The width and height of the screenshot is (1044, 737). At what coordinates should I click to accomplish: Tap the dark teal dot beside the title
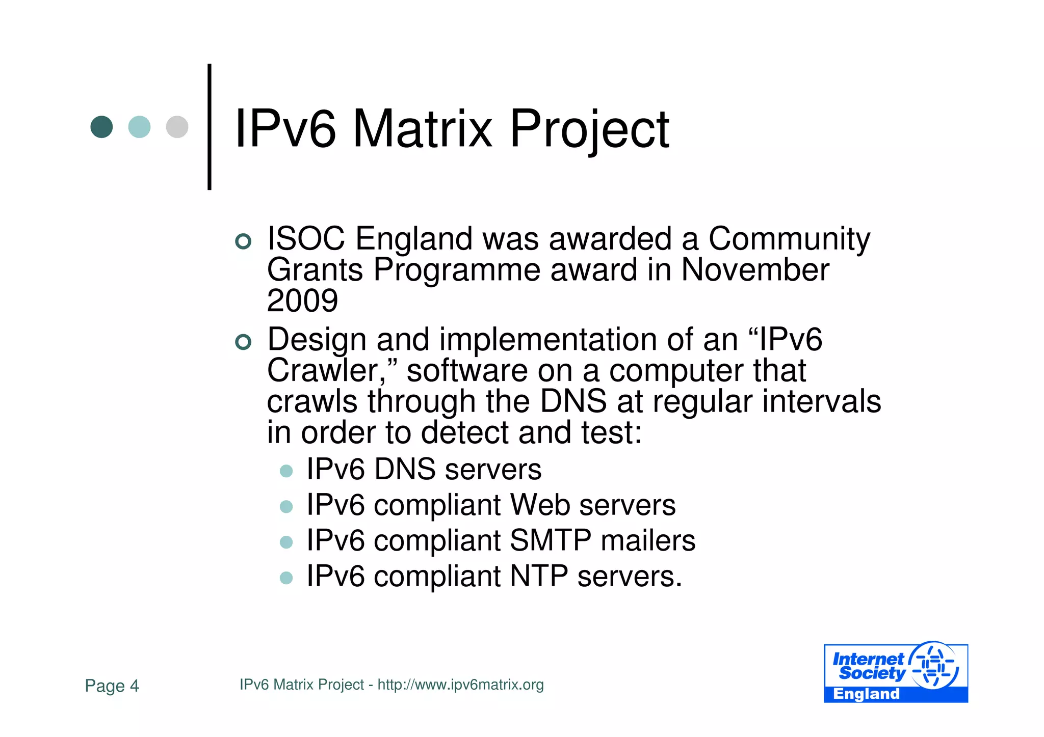tap(101, 127)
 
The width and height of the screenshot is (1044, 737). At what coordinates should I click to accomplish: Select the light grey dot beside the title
tap(177, 127)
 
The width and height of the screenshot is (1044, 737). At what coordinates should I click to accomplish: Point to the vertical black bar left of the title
tap(210, 127)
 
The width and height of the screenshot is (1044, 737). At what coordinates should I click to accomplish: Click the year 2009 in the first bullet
tap(302, 301)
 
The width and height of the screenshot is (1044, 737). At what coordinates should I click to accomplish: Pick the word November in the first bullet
tap(755, 269)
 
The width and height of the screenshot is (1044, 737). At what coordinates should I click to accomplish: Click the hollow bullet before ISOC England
tap(244, 241)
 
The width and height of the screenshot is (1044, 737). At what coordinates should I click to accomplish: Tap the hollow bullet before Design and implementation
tap(244, 342)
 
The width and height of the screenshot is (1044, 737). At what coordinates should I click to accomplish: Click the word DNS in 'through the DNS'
tap(573, 401)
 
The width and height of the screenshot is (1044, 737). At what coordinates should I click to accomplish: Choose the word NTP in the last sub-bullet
tap(539, 577)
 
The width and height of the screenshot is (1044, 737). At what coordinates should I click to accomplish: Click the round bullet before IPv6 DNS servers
tap(286, 471)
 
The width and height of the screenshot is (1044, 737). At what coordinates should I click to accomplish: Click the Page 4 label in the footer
tap(112, 686)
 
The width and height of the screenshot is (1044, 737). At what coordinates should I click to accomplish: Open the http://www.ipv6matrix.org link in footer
tap(460, 685)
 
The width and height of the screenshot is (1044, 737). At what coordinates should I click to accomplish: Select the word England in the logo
tap(866, 694)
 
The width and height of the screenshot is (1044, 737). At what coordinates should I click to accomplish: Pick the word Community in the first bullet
tap(789, 238)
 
